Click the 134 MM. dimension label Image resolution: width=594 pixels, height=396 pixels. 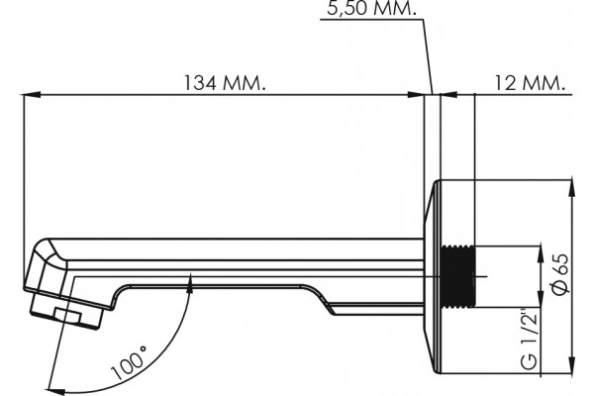(225, 83)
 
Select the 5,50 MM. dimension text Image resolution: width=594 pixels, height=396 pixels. (371, 8)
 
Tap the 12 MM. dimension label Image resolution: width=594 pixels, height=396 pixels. (531, 83)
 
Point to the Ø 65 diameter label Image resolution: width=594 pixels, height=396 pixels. (561, 274)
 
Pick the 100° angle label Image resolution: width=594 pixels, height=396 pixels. (129, 362)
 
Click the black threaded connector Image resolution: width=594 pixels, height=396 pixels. (458, 275)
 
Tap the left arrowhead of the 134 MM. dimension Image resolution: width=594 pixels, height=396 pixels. (32, 95)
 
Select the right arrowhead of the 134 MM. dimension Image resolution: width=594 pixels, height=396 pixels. (415, 95)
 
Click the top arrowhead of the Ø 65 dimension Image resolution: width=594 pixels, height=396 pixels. (572, 188)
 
